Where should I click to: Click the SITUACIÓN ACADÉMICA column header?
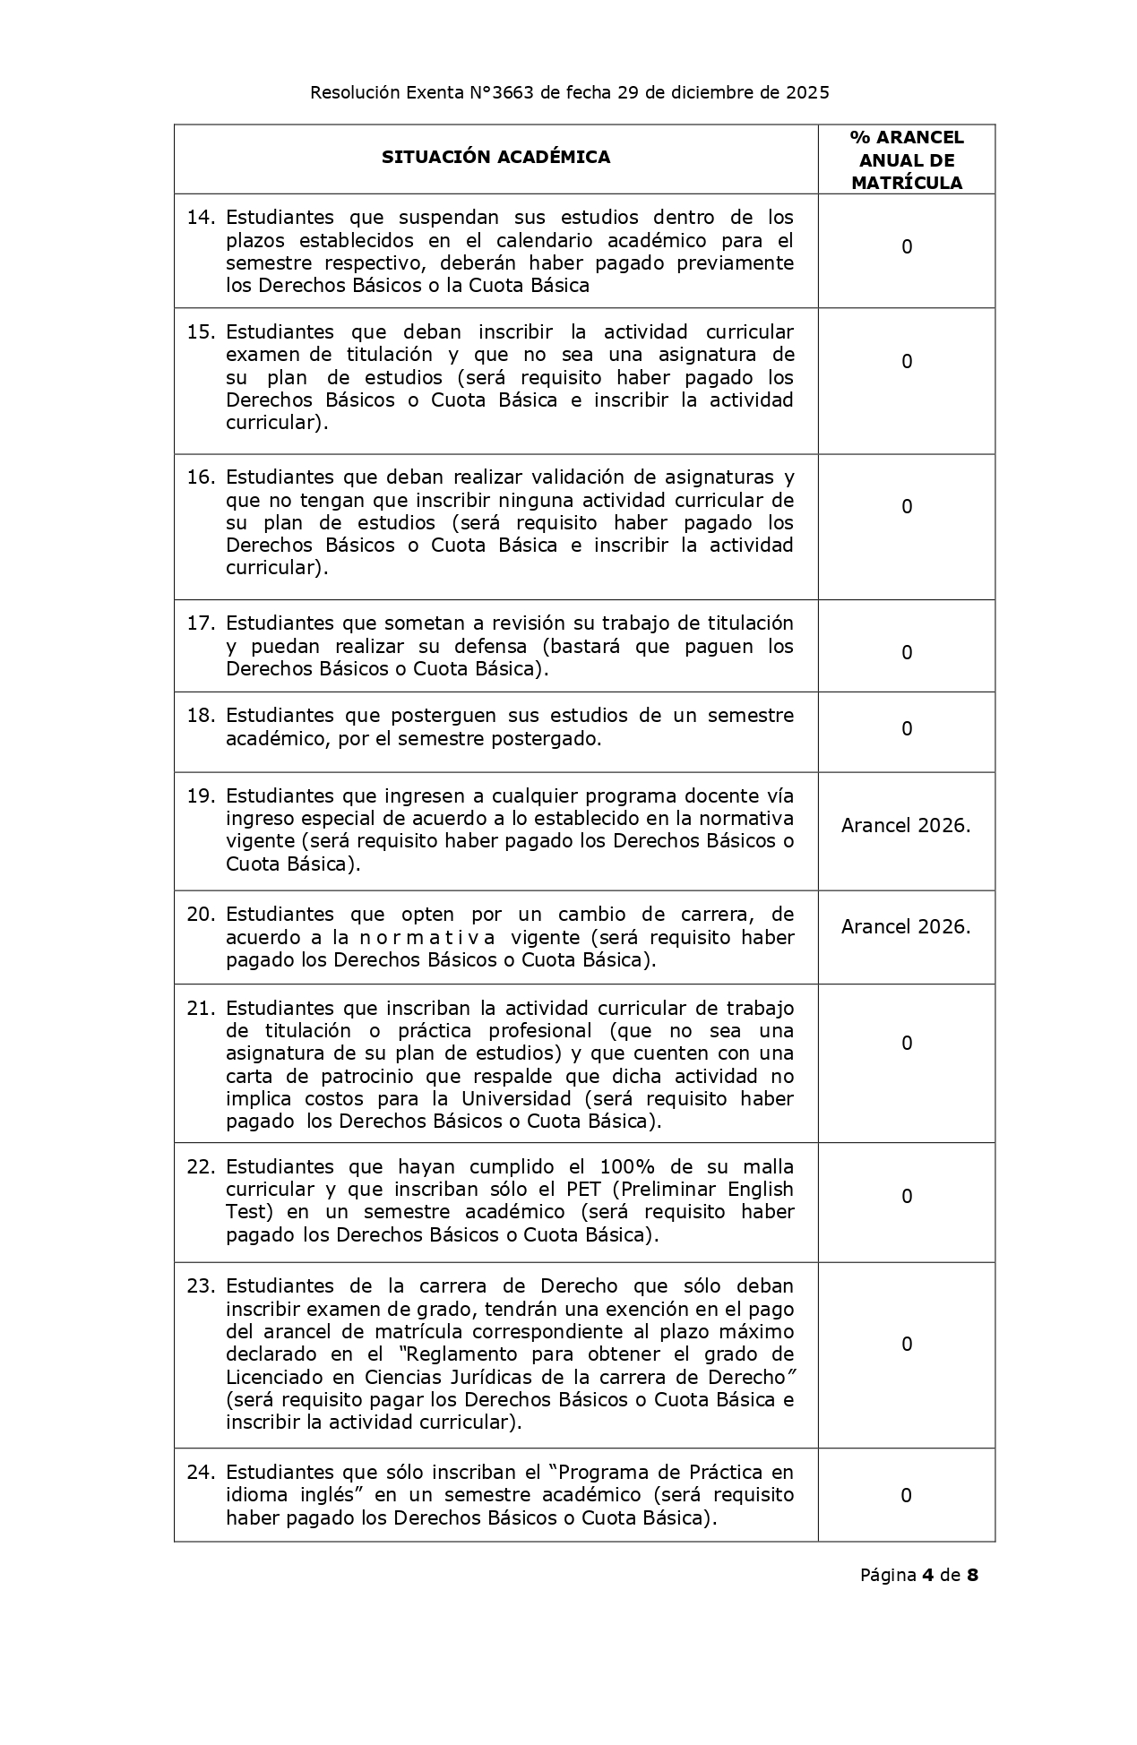click(x=495, y=158)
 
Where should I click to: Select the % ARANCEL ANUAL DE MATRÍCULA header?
click(x=906, y=160)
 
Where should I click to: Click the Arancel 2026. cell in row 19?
click(x=906, y=826)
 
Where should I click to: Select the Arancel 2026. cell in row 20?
click(x=906, y=927)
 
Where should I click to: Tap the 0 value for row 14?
click(x=906, y=247)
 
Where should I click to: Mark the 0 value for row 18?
click(x=906, y=729)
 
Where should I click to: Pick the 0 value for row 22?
click(x=906, y=1197)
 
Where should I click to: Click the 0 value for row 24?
click(x=906, y=1495)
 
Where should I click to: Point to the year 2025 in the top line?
click(x=807, y=92)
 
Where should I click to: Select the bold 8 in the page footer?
click(x=972, y=1575)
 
